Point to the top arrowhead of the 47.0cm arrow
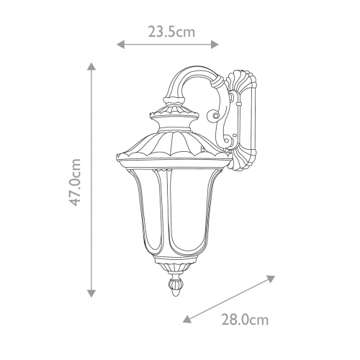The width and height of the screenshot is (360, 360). tap(91, 66)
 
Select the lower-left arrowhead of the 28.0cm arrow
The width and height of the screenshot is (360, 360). tap(186, 322)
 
